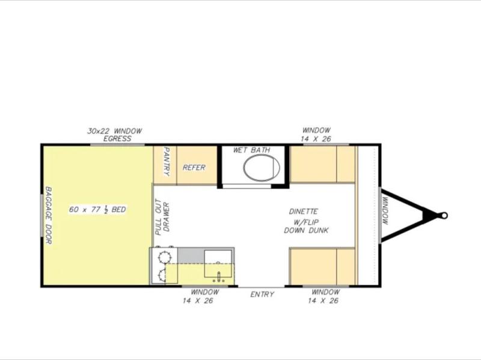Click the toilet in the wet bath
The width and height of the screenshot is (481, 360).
click(x=262, y=168)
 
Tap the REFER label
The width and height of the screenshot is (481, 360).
click(x=194, y=168)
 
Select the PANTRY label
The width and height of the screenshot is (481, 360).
click(x=167, y=161)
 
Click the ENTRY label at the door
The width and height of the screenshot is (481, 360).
click(x=262, y=294)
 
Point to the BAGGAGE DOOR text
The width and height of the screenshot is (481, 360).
click(x=49, y=215)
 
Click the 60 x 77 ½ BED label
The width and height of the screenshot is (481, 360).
click(x=97, y=209)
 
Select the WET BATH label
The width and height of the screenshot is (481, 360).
click(x=251, y=150)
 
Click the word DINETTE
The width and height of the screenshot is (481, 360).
click(x=304, y=212)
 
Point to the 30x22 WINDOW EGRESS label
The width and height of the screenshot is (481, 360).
click(x=115, y=135)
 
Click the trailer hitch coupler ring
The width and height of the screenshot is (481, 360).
click(x=444, y=216)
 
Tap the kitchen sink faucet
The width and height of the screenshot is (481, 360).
click(x=219, y=276)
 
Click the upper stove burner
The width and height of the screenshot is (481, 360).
click(x=164, y=256)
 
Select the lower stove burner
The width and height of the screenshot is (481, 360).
click(x=162, y=275)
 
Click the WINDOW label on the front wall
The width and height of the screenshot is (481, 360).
click(x=385, y=211)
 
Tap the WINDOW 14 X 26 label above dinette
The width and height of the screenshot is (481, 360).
click(x=316, y=134)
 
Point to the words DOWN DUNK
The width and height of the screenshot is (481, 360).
click(x=306, y=230)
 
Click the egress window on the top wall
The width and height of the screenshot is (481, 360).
click(x=117, y=144)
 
